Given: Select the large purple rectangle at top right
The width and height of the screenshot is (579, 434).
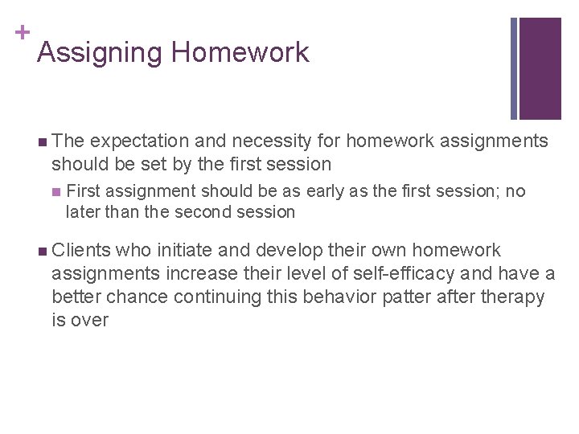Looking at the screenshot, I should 540,68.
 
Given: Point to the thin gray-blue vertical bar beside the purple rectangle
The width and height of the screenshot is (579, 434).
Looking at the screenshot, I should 514,68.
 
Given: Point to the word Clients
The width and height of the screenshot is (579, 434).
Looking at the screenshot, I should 83,251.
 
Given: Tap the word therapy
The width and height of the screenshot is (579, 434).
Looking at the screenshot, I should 513,297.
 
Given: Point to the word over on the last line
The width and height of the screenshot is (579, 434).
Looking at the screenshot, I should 89,320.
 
